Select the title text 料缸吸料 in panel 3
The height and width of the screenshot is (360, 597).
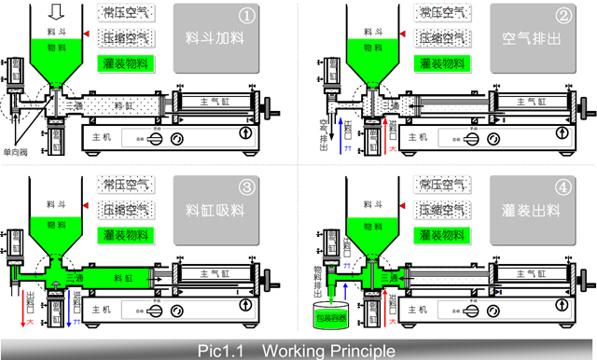(211, 212)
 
